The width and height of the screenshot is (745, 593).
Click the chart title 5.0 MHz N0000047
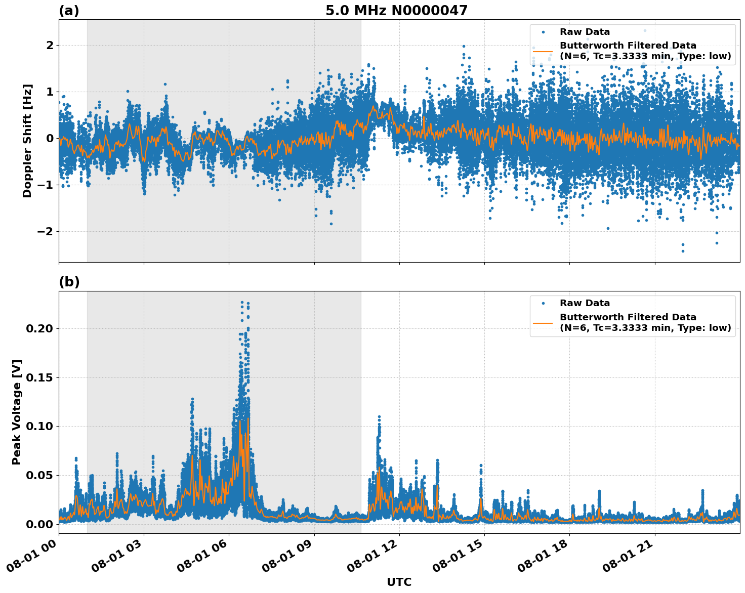[396, 11]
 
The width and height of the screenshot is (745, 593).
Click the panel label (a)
[69, 11]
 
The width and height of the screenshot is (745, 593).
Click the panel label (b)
[69, 282]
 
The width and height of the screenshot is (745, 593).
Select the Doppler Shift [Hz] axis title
[27, 141]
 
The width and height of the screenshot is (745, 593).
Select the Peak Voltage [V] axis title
[17, 412]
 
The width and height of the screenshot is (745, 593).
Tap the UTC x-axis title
[399, 582]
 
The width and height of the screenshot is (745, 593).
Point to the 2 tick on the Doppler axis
[50, 46]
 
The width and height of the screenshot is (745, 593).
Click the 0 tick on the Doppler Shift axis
[50, 139]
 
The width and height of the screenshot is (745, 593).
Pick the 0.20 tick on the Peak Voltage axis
[39, 329]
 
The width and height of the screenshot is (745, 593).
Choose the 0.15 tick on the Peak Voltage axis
[39, 378]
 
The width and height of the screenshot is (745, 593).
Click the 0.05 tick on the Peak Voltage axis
[39, 476]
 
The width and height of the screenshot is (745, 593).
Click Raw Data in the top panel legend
[585, 32]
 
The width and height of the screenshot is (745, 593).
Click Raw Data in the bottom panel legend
[585, 303]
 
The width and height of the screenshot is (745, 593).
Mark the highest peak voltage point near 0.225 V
[242, 303]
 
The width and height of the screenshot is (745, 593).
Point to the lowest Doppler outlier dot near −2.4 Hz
[682, 251]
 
